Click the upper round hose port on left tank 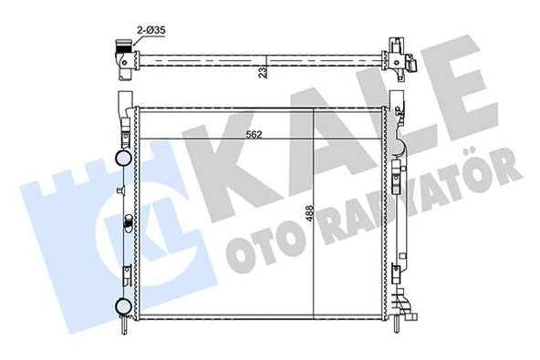coord(121,158)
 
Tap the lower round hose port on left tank coord(121,303)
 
